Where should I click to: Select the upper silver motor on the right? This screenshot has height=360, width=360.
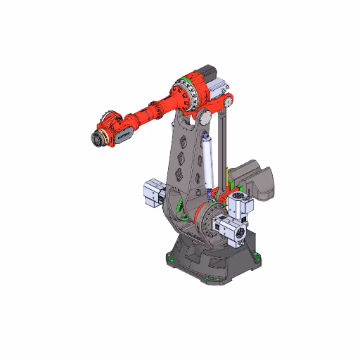(x=240, y=205)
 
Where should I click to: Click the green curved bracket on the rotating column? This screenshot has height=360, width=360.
(x=181, y=209)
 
